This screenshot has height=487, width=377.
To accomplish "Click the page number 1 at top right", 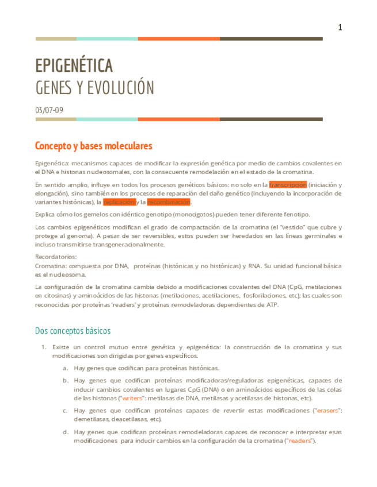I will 340,28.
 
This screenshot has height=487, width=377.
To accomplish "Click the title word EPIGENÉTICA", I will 74,66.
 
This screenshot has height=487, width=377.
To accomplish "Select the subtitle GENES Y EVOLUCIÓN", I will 95,88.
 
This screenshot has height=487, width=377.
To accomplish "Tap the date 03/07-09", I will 49,110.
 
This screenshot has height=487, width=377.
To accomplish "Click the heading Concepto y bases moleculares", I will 93,146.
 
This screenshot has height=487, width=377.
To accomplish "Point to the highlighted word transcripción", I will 287,185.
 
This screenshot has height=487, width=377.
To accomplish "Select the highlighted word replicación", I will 119,202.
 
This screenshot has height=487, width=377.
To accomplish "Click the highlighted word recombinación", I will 169,202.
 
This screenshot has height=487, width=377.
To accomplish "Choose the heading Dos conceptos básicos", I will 73,331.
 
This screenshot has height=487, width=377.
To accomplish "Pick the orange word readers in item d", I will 300,440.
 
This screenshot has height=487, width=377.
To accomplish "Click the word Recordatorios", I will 54,257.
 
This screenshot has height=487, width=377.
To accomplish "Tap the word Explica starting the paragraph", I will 47,214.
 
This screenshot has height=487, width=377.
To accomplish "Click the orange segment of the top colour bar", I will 178,39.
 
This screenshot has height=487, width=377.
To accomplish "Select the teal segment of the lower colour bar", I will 107,119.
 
